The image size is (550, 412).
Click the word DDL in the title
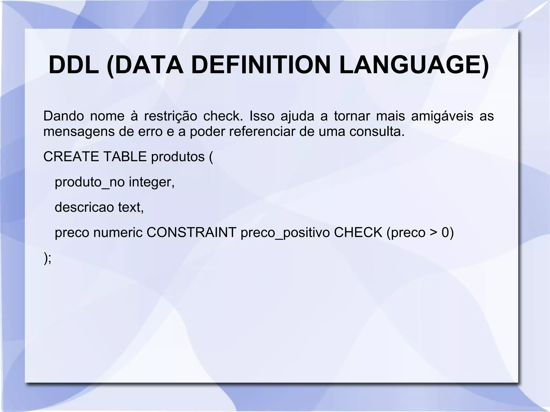(74, 65)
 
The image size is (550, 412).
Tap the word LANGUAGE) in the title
(414, 65)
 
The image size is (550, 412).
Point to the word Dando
(64, 116)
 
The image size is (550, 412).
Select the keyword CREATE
(71, 156)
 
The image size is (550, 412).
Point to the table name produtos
(178, 157)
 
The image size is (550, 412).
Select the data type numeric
(118, 232)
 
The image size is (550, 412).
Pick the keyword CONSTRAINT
(191, 232)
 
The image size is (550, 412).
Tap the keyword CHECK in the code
(358, 232)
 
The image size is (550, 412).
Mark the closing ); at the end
(47, 258)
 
